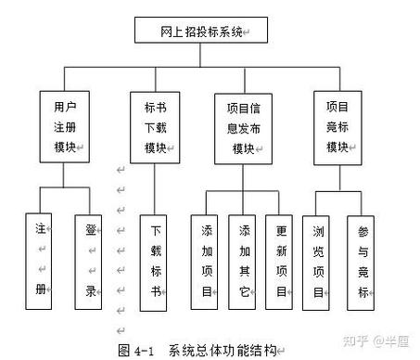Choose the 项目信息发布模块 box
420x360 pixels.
243,128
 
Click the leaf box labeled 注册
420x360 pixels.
42,258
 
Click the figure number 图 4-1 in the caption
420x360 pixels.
141,350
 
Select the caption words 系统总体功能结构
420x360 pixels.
223,350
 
